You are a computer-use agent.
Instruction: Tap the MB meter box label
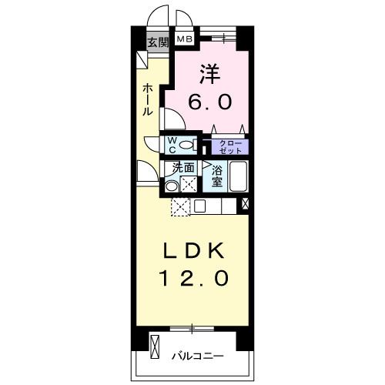[x=186, y=38]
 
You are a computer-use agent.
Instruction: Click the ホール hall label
[x=147, y=100]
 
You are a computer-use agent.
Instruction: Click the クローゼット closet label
[x=229, y=146]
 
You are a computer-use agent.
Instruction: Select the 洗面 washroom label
[x=182, y=167]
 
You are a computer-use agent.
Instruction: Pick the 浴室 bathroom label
[x=217, y=176]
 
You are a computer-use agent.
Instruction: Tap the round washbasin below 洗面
[x=171, y=185]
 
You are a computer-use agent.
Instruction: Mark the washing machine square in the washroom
[x=188, y=183]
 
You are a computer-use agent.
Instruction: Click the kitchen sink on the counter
[x=199, y=206]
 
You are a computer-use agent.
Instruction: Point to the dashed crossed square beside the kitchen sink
[x=179, y=206]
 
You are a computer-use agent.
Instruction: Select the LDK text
[x=193, y=250]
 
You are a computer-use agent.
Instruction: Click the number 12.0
[x=193, y=278]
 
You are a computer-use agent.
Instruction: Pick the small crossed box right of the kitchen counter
[x=246, y=204]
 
